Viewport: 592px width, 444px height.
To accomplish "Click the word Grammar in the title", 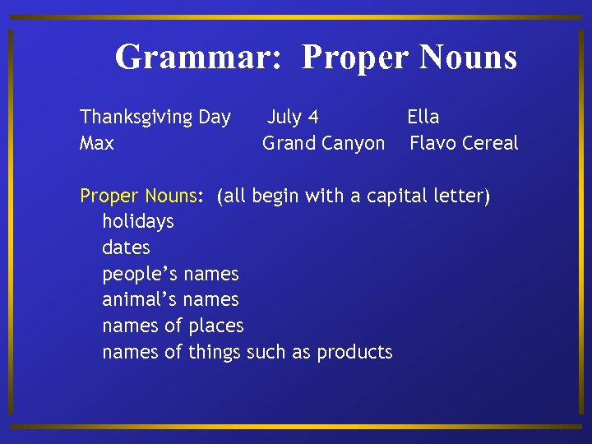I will [x=199, y=58].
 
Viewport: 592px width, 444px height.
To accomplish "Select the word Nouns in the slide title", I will [x=468, y=58].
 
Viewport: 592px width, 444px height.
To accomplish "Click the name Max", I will [x=96, y=143].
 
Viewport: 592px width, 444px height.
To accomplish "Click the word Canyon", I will [x=353, y=144].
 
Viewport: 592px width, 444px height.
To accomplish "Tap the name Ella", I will [x=423, y=117].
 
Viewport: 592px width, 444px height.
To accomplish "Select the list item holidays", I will [x=138, y=222].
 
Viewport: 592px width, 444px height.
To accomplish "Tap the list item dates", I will [x=126, y=247].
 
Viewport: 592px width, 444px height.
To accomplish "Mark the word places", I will [x=215, y=326].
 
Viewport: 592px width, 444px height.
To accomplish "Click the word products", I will [x=354, y=353].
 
